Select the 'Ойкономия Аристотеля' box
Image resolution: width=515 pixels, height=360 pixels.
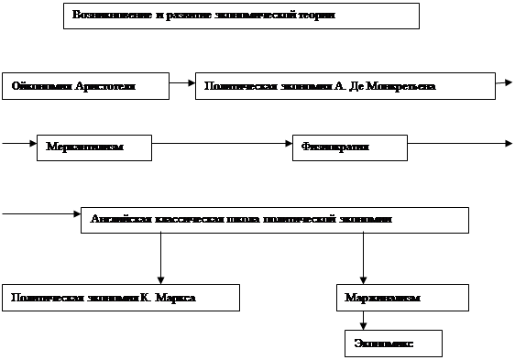tap(85, 86)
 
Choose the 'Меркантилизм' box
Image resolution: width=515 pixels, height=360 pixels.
tap(94, 147)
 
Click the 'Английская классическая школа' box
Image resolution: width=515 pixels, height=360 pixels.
tap(275, 220)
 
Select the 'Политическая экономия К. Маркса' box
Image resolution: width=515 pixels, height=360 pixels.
tap(120, 298)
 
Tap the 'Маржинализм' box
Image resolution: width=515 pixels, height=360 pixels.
tap(403, 298)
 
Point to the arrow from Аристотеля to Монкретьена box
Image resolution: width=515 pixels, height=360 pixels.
tap(182, 83)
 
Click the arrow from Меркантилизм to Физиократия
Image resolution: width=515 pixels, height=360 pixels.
tap(222, 144)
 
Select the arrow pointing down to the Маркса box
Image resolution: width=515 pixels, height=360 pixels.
tap(160, 258)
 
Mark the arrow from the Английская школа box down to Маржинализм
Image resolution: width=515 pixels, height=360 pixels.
tap(364, 258)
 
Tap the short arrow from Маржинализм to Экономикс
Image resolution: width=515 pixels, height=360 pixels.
tap(364, 321)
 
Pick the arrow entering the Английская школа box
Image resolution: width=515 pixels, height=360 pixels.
tap(41, 215)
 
